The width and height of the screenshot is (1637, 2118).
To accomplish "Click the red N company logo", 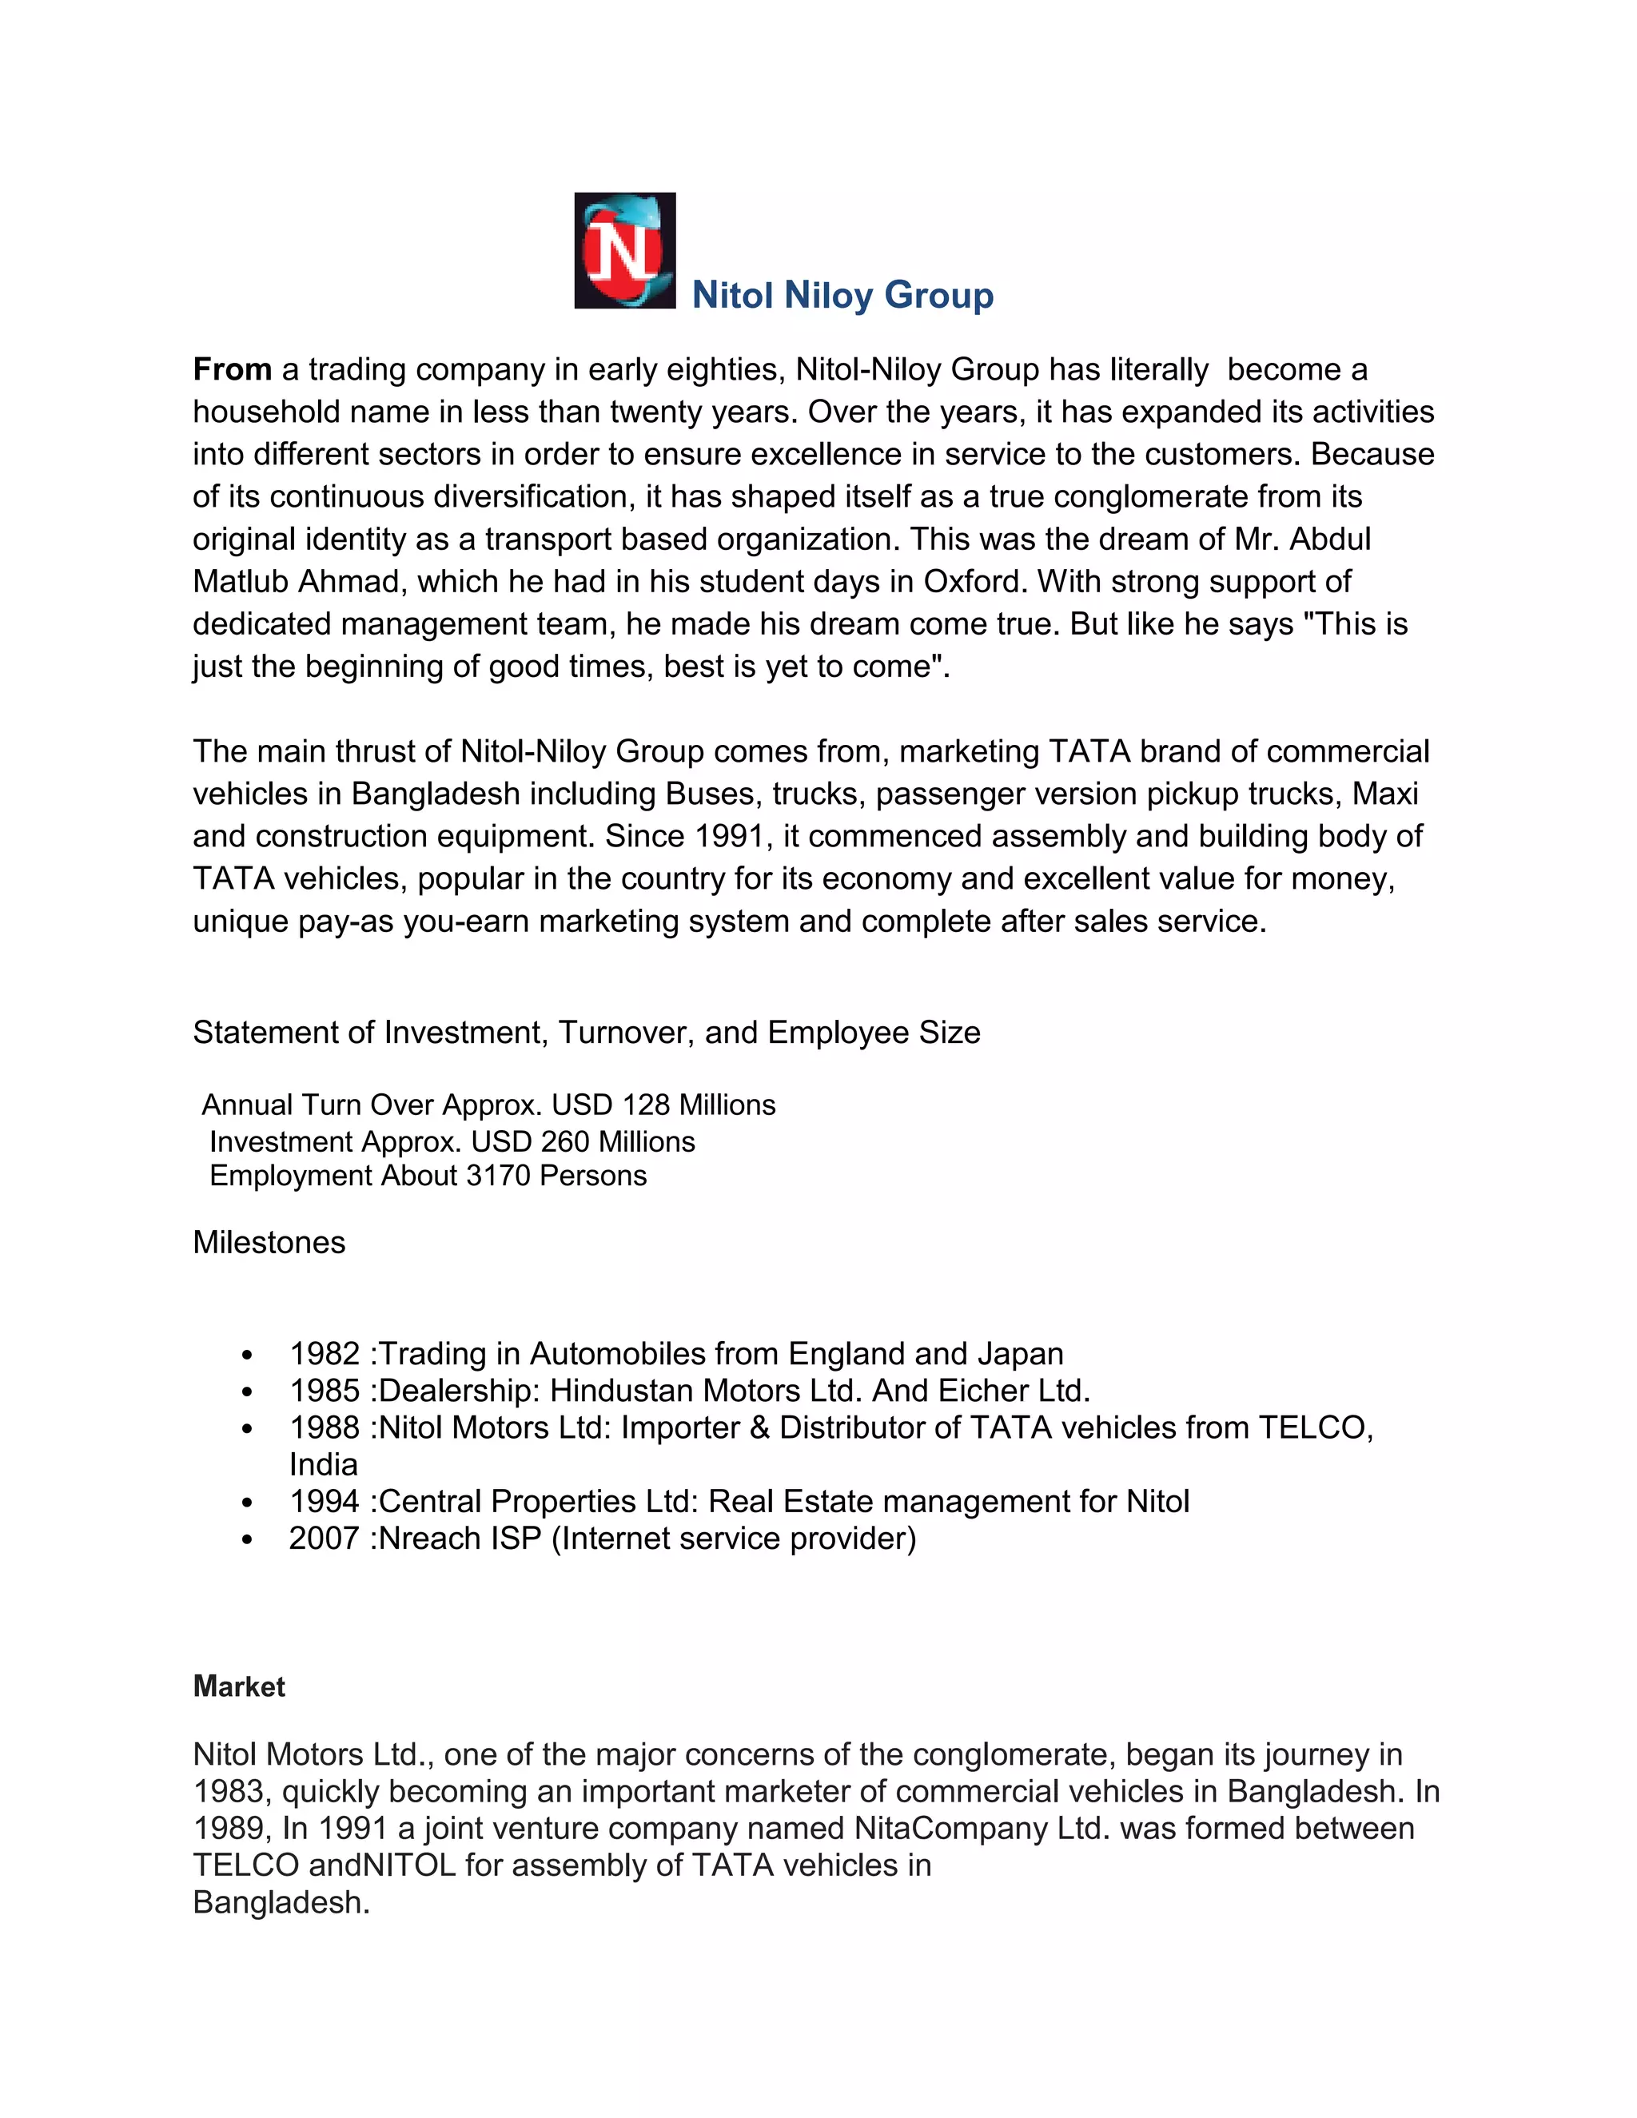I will click(x=623, y=250).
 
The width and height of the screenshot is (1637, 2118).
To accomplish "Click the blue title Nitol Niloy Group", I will click(x=842, y=295).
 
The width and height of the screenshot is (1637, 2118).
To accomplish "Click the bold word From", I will click(x=232, y=369).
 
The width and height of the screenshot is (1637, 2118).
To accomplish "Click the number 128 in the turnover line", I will click(x=646, y=1105).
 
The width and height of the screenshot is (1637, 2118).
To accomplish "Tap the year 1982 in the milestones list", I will click(x=324, y=1354).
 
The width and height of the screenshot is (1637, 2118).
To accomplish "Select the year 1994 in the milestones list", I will click(x=324, y=1501).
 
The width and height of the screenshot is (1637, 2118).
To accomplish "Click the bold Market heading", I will click(x=238, y=1686).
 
